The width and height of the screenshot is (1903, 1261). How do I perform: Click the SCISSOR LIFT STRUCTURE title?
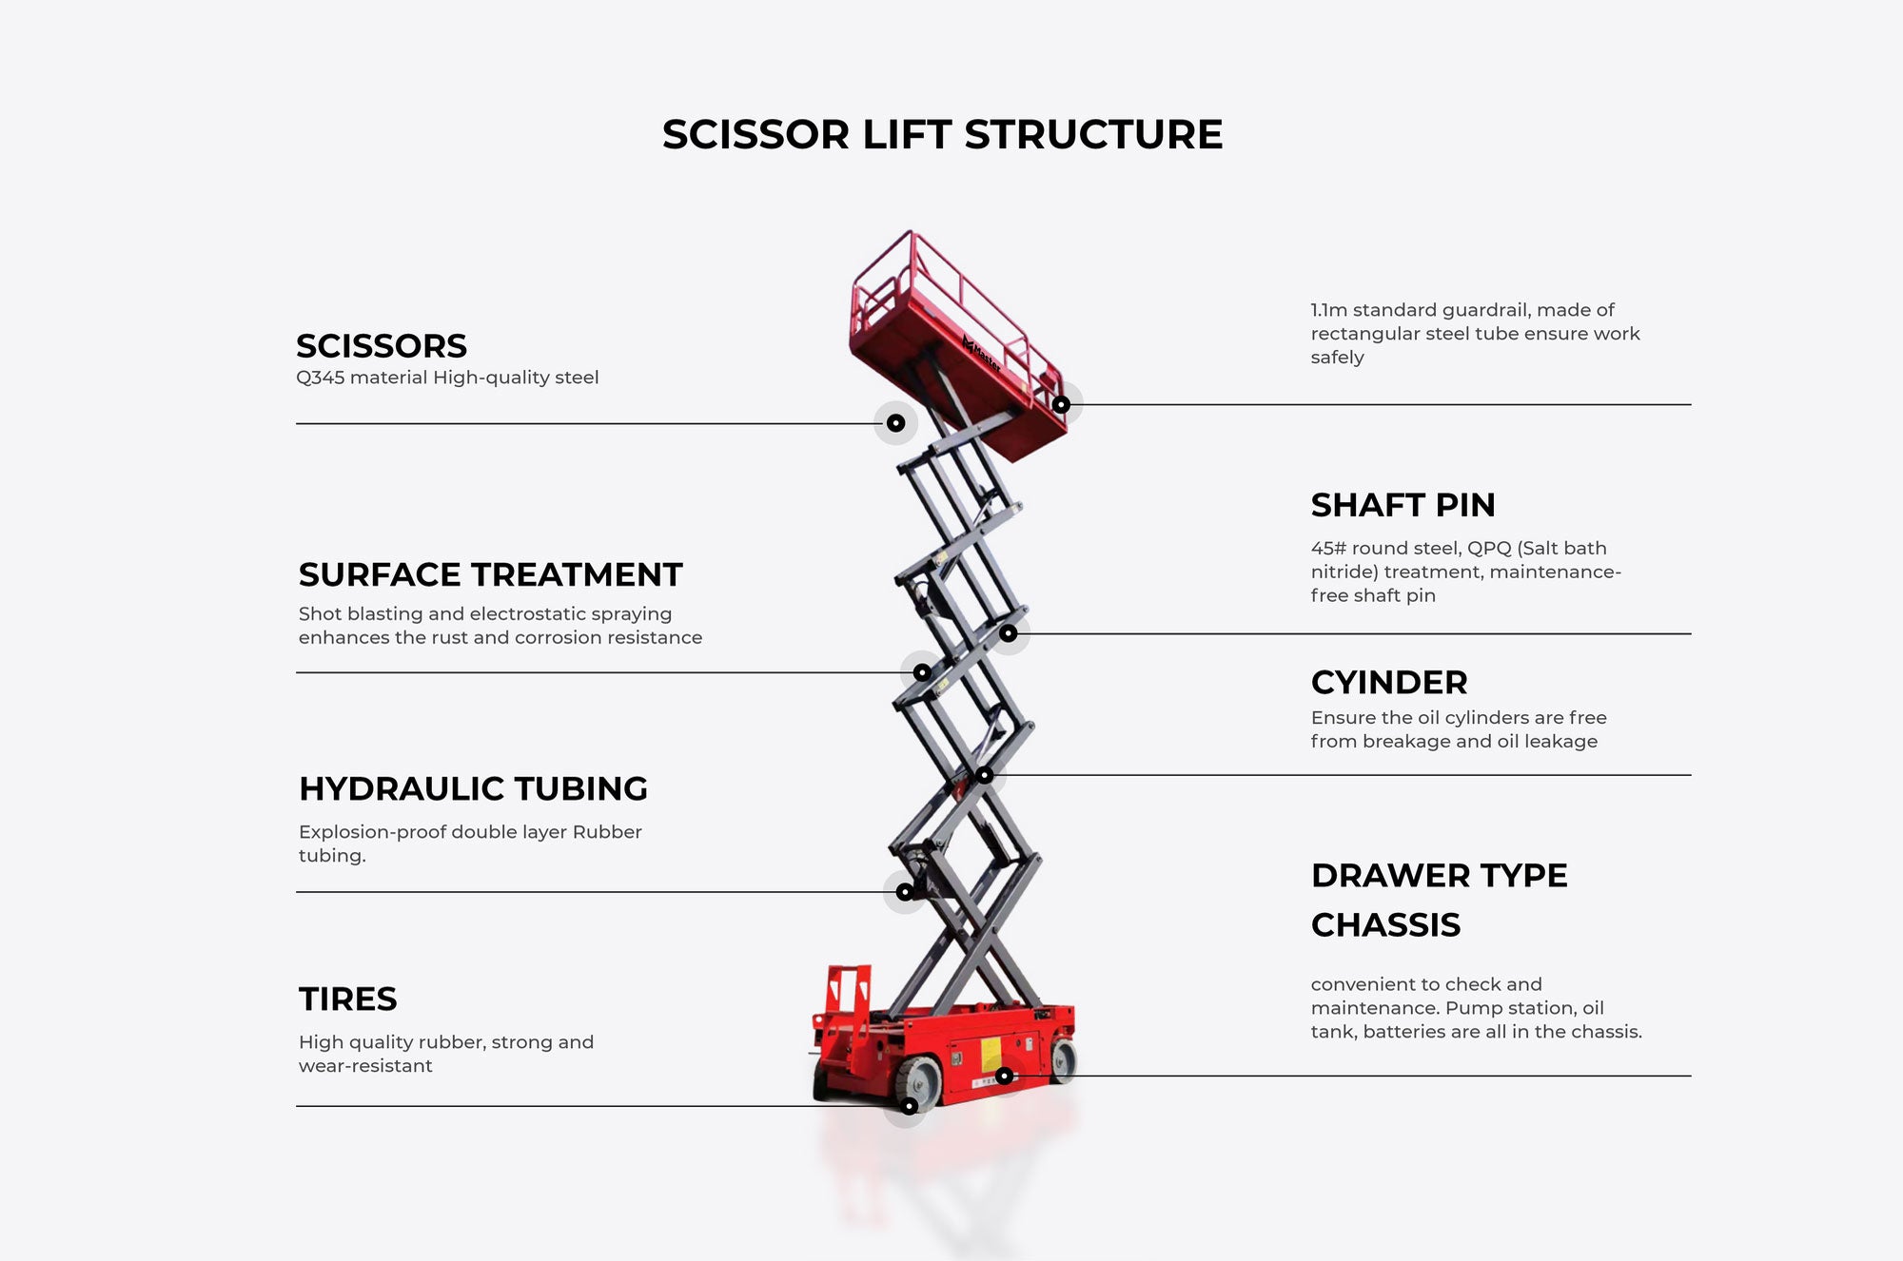tap(942, 134)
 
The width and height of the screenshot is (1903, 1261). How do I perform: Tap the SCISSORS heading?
tap(382, 345)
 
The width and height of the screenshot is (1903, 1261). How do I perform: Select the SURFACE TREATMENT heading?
tap(490, 574)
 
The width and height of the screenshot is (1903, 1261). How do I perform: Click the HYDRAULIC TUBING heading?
tap(473, 788)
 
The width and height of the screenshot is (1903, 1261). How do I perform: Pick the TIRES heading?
tap(347, 999)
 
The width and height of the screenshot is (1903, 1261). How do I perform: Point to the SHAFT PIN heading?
tap(1403, 505)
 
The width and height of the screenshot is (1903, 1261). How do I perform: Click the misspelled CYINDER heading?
tap(1388, 682)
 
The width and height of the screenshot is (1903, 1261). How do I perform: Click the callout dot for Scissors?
tap(896, 423)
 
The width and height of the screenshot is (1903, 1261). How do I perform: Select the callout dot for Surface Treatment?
tap(922, 672)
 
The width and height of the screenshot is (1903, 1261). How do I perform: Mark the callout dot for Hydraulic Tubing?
tap(905, 892)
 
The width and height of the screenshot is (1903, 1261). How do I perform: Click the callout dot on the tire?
tap(910, 1106)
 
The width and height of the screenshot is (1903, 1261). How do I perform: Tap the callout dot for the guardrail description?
tap(1061, 404)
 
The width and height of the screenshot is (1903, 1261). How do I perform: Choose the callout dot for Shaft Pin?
tap(1009, 633)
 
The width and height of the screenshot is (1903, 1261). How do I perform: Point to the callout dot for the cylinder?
tap(985, 775)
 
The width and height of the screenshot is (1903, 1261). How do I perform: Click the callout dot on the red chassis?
tap(1005, 1076)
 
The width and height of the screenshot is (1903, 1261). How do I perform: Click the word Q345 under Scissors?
tap(321, 378)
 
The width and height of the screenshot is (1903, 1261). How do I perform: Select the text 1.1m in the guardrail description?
tap(1328, 310)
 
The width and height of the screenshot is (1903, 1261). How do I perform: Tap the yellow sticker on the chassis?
tap(990, 1053)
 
